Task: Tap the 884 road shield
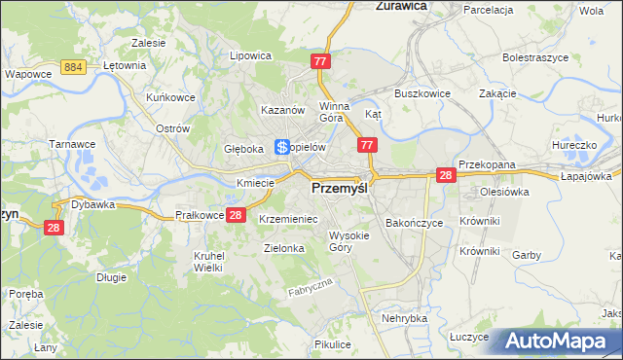(x=70, y=65)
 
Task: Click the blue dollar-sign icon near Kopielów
(x=281, y=148)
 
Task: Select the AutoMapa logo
(x=554, y=341)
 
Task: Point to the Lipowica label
(x=249, y=56)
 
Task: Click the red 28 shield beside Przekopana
(x=446, y=175)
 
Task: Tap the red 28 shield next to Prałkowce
(x=235, y=215)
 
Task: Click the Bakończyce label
(x=414, y=223)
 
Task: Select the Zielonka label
(x=284, y=248)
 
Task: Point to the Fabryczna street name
(x=311, y=287)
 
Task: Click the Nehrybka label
(x=405, y=318)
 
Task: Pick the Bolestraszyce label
(x=534, y=57)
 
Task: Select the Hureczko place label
(x=572, y=145)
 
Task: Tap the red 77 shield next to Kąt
(x=367, y=145)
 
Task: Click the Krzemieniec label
(x=288, y=220)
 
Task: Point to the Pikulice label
(x=332, y=344)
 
